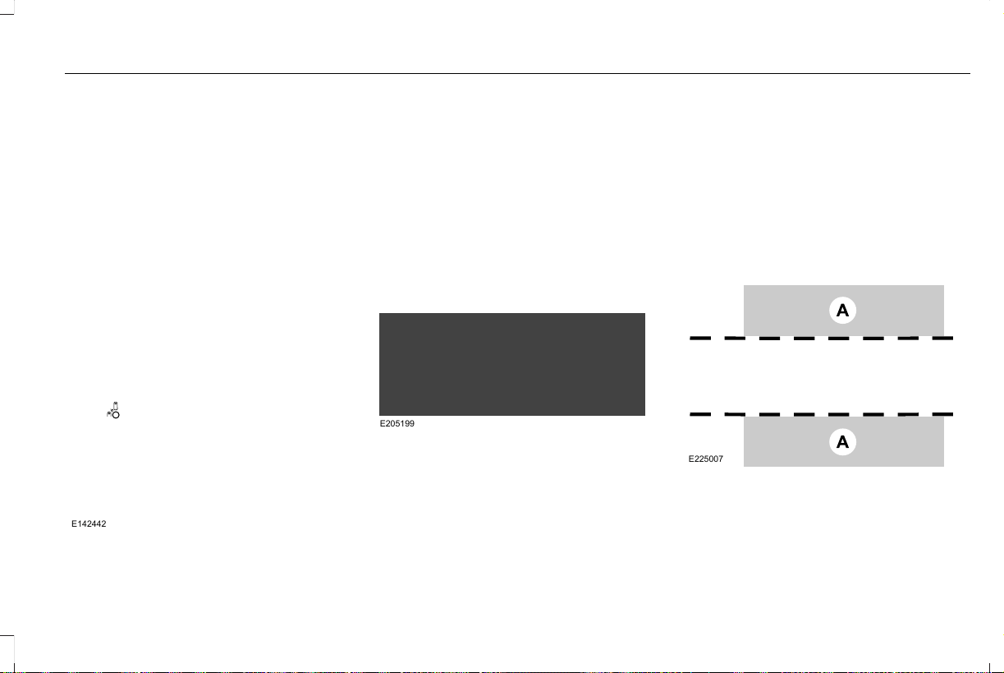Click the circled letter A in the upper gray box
pyautogui.click(x=842, y=311)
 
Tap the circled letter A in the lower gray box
pyautogui.click(x=842, y=442)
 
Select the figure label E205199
pyautogui.click(x=397, y=423)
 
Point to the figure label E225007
pyautogui.click(x=706, y=459)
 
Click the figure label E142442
pyautogui.click(x=89, y=524)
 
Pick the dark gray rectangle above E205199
pyautogui.click(x=512, y=364)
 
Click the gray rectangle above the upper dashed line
pyautogui.click(x=844, y=311)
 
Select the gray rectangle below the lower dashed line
pyautogui.click(x=844, y=442)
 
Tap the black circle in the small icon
pyautogui.click(x=116, y=415)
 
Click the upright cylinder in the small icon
pyautogui.click(x=116, y=406)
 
